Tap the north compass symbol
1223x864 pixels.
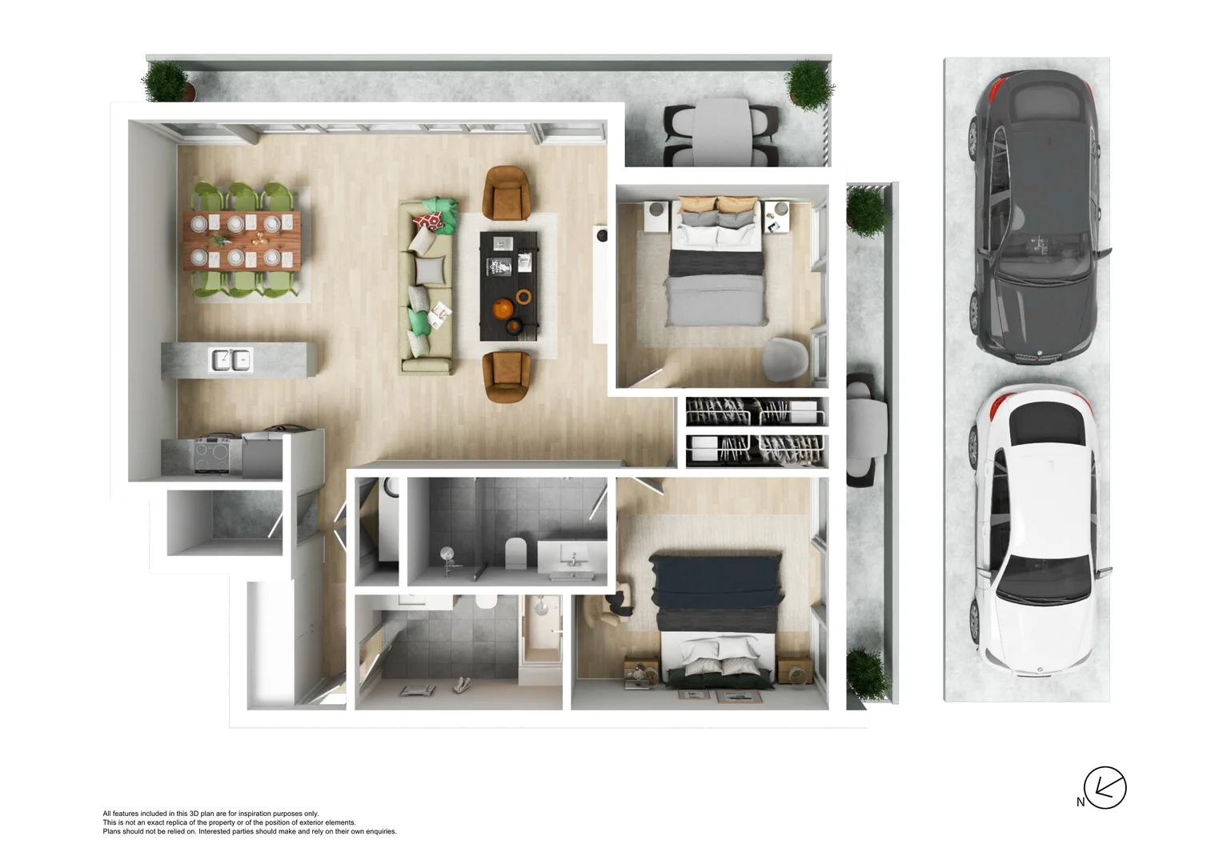click(1105, 788)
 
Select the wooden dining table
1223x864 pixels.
click(242, 240)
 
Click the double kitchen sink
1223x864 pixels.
click(231, 360)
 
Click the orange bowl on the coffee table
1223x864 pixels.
click(503, 309)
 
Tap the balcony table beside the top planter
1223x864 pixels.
click(720, 132)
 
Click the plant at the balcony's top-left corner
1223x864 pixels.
click(166, 82)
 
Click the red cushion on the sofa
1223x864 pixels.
click(429, 222)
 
